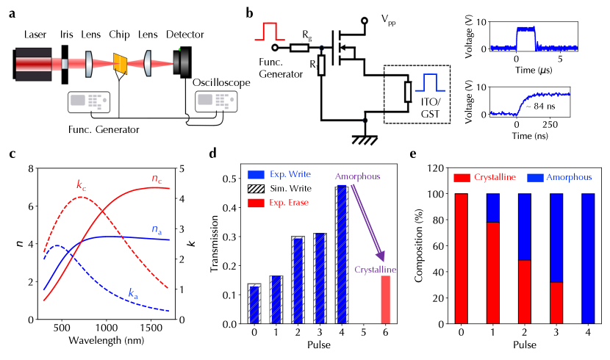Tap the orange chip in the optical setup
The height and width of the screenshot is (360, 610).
click(x=121, y=64)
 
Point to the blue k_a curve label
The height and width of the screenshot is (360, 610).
click(x=133, y=294)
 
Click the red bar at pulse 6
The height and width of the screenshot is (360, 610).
click(x=385, y=299)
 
